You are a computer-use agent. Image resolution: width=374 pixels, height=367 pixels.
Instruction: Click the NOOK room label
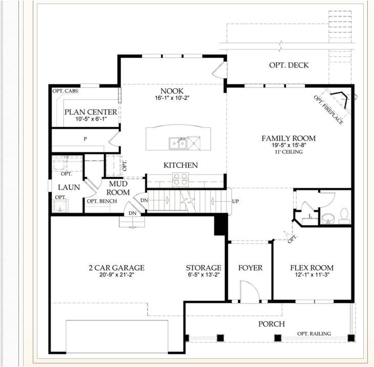tap(172, 91)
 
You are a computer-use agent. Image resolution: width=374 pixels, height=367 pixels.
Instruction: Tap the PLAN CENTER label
tap(91, 112)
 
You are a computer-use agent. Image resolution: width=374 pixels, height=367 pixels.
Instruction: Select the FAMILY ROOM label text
tap(288, 138)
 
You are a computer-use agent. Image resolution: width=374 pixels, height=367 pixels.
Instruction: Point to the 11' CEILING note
tap(288, 152)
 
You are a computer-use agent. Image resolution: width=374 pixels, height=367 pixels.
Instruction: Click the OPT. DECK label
tap(288, 65)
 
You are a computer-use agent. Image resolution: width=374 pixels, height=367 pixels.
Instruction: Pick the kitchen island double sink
tap(178, 143)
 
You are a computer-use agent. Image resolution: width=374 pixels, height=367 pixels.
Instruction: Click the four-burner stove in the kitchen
tap(180, 179)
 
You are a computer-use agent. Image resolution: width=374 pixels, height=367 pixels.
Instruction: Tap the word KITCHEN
tap(180, 165)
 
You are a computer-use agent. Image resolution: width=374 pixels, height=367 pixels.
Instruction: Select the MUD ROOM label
tap(118, 188)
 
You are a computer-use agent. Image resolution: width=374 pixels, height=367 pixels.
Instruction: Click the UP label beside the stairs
tap(236, 201)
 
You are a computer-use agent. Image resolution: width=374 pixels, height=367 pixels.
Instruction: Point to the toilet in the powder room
tap(344, 215)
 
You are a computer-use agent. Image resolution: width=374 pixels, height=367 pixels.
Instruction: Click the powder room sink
tap(328, 219)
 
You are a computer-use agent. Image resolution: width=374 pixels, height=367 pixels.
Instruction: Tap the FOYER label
tap(250, 268)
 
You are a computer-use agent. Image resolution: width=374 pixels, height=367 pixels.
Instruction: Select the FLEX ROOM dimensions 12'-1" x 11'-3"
tap(312, 274)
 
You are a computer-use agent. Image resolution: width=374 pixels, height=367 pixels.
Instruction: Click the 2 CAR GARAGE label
tap(117, 268)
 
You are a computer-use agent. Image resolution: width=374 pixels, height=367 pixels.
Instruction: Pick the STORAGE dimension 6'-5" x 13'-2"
tap(203, 274)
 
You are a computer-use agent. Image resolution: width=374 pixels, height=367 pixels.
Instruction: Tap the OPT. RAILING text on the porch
tap(314, 334)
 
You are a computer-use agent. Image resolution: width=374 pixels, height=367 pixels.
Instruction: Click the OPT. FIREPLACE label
tap(328, 110)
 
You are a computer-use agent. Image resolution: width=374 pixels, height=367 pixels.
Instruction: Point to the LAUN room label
tap(69, 187)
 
